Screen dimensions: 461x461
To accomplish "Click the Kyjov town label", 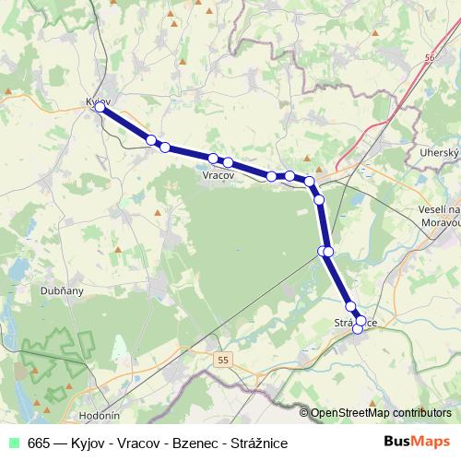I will pos(98,100).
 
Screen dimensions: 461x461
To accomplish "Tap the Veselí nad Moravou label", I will pos(439,217).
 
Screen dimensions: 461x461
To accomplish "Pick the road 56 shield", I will pos(430,57).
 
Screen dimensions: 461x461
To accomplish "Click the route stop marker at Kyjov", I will pos(100,107).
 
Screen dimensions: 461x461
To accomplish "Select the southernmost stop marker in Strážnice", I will pos(358,329).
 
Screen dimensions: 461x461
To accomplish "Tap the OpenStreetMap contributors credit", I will pos(381,413).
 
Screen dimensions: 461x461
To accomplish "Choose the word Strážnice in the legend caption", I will pos(257,443).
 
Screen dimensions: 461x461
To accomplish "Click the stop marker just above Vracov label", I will pos(214,159).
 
